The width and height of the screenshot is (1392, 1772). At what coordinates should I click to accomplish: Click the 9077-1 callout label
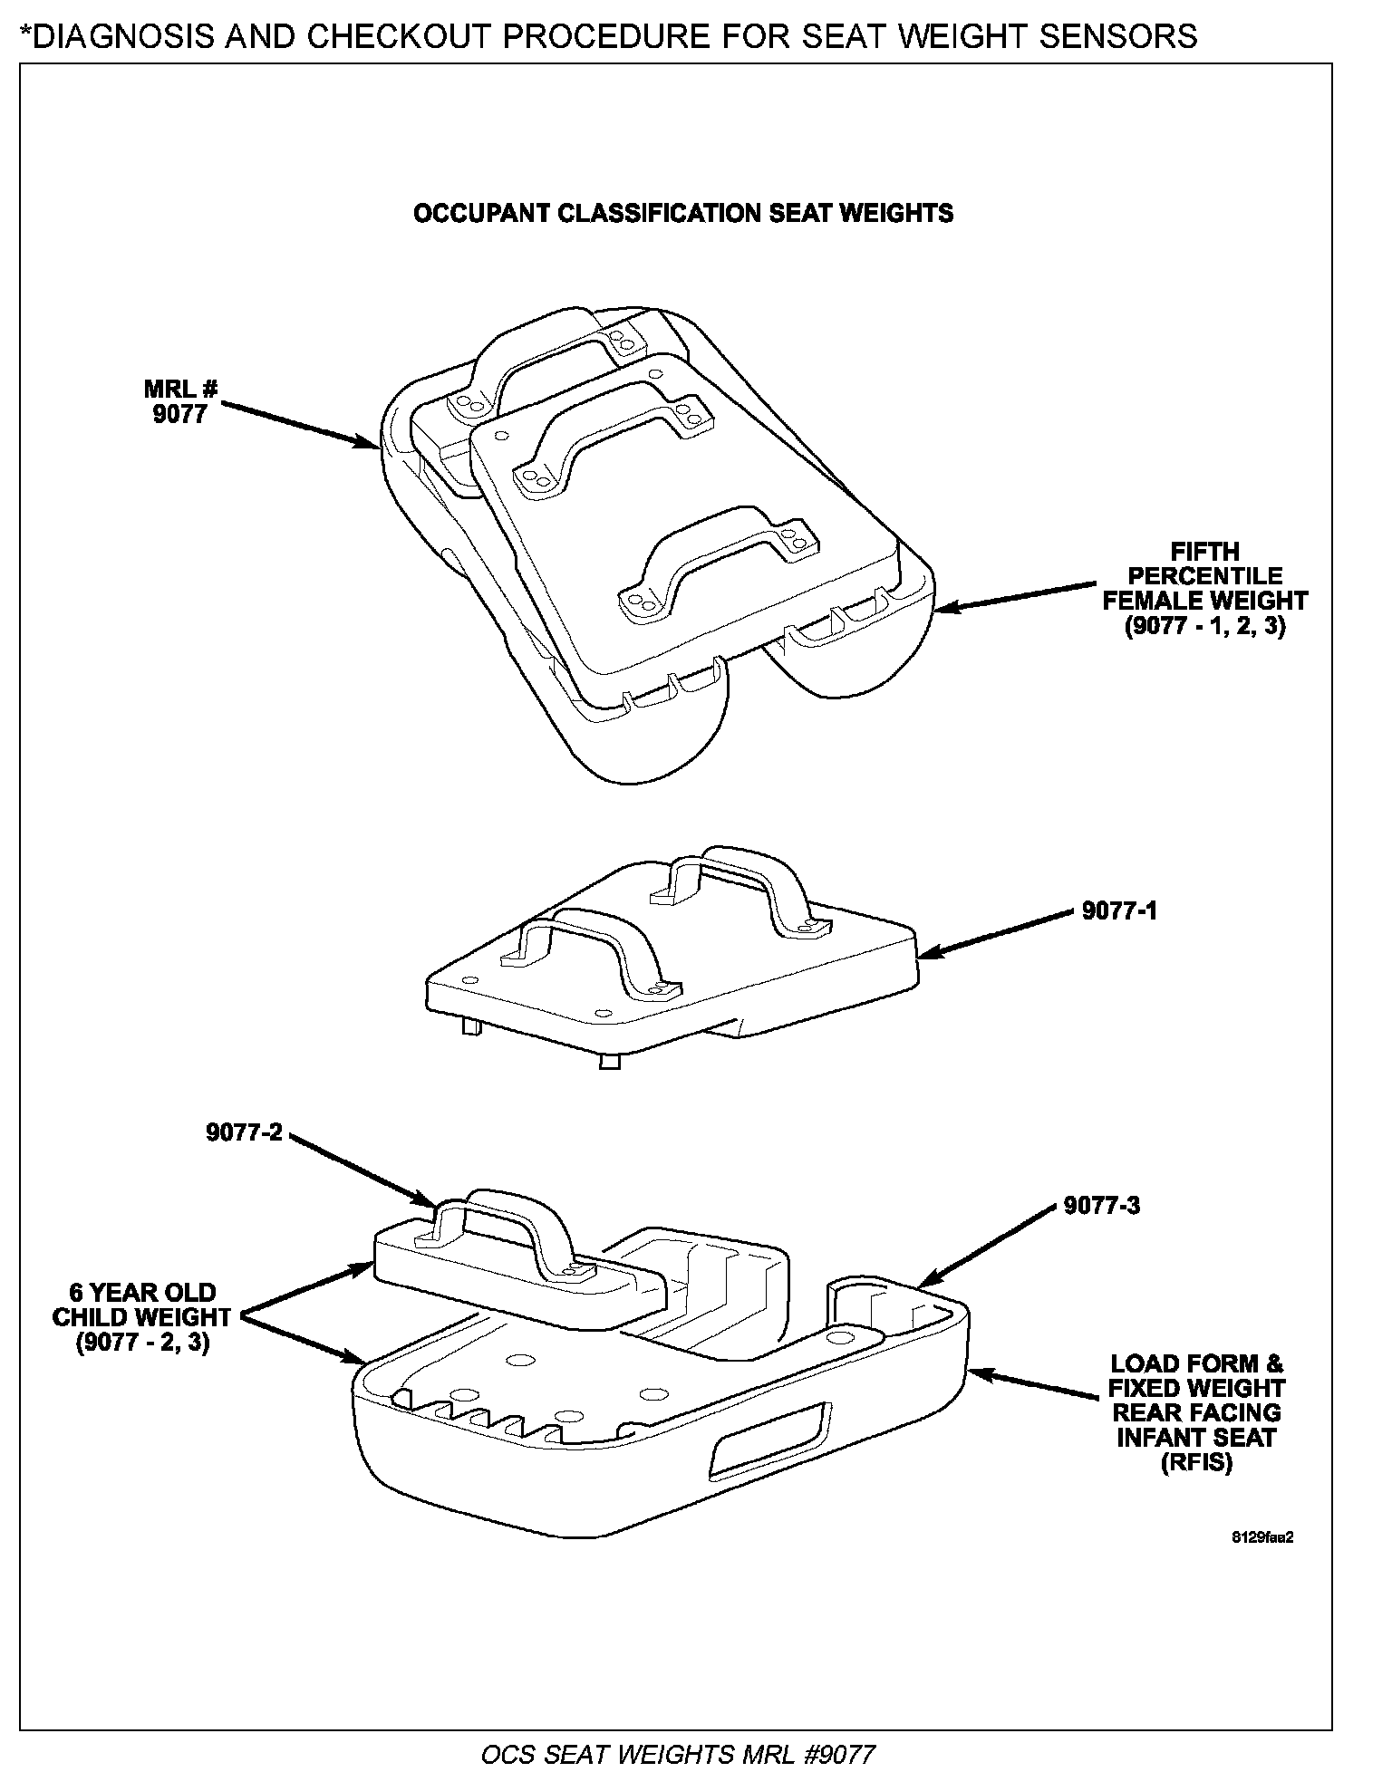click(x=1119, y=910)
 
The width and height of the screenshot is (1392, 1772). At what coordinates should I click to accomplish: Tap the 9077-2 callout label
click(x=244, y=1132)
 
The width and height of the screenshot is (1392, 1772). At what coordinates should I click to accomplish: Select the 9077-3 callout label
click(x=1102, y=1206)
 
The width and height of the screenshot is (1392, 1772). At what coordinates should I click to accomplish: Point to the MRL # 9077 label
click(x=181, y=401)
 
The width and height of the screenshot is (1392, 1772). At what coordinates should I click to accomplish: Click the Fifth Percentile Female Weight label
click(x=1204, y=589)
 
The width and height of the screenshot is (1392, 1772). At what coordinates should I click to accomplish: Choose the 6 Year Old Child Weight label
click(x=142, y=1316)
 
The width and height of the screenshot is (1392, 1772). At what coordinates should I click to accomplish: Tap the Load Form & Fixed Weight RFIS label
click(x=1196, y=1414)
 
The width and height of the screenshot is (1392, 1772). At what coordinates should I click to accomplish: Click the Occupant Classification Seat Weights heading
click(x=683, y=213)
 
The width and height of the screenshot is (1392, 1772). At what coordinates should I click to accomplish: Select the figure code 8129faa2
click(x=1261, y=1537)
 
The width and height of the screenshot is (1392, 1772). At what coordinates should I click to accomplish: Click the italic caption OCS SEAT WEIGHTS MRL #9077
click(x=678, y=1754)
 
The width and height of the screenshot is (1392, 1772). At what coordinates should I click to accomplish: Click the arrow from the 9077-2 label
click(x=362, y=1169)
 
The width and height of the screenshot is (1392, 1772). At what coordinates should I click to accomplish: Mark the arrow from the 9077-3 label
click(x=988, y=1245)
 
